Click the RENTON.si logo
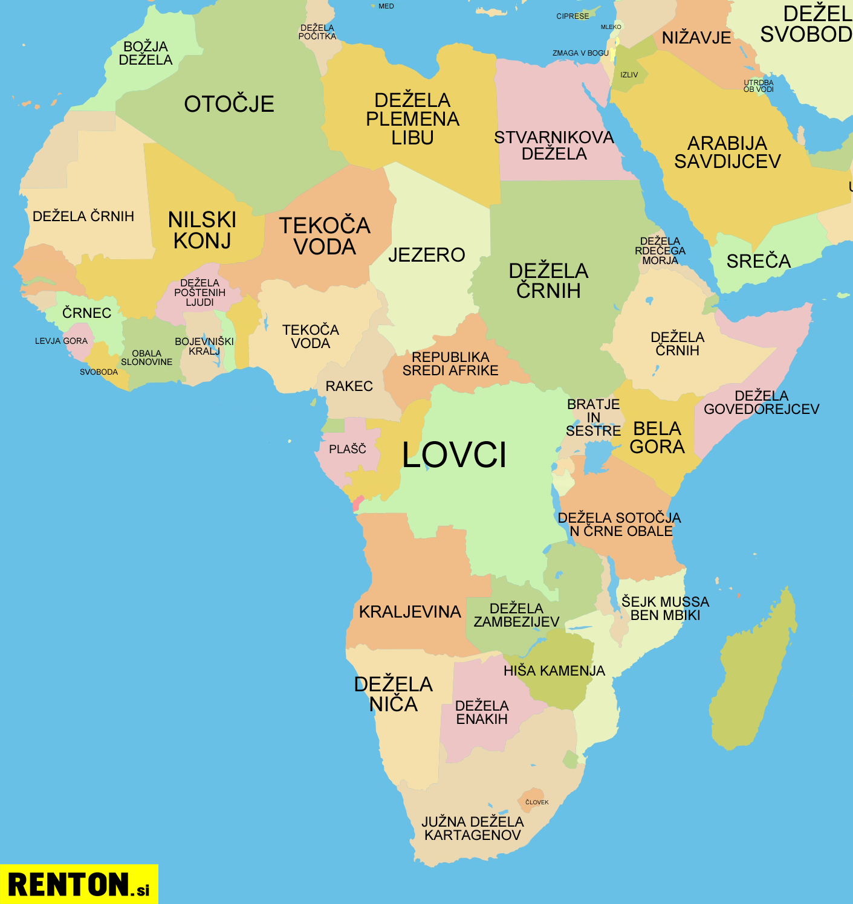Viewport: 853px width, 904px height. [x=79, y=884]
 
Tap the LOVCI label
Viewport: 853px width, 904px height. [x=454, y=454]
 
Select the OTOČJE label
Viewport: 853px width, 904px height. [x=229, y=104]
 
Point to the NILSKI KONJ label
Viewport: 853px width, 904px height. [x=202, y=230]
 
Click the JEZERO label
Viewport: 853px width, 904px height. [x=426, y=255]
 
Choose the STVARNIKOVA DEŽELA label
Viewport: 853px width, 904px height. [x=554, y=146]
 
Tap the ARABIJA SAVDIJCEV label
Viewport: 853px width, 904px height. [x=727, y=152]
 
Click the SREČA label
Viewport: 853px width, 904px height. [x=758, y=261]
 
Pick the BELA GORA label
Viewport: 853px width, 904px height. [x=657, y=437]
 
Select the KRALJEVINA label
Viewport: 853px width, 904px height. [x=410, y=612]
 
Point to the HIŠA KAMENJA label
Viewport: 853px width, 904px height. [x=554, y=671]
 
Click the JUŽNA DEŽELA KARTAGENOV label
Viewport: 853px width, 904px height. [x=472, y=828]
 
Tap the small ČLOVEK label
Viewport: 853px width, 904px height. [x=537, y=802]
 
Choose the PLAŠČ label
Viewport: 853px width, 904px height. [x=348, y=449]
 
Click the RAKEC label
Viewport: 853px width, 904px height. [x=349, y=386]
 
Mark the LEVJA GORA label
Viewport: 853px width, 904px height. [x=61, y=341]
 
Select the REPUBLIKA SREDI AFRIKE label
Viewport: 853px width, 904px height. [x=450, y=364]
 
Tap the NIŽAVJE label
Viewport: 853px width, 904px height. [x=696, y=37]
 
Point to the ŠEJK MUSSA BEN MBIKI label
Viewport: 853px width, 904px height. [x=665, y=609]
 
